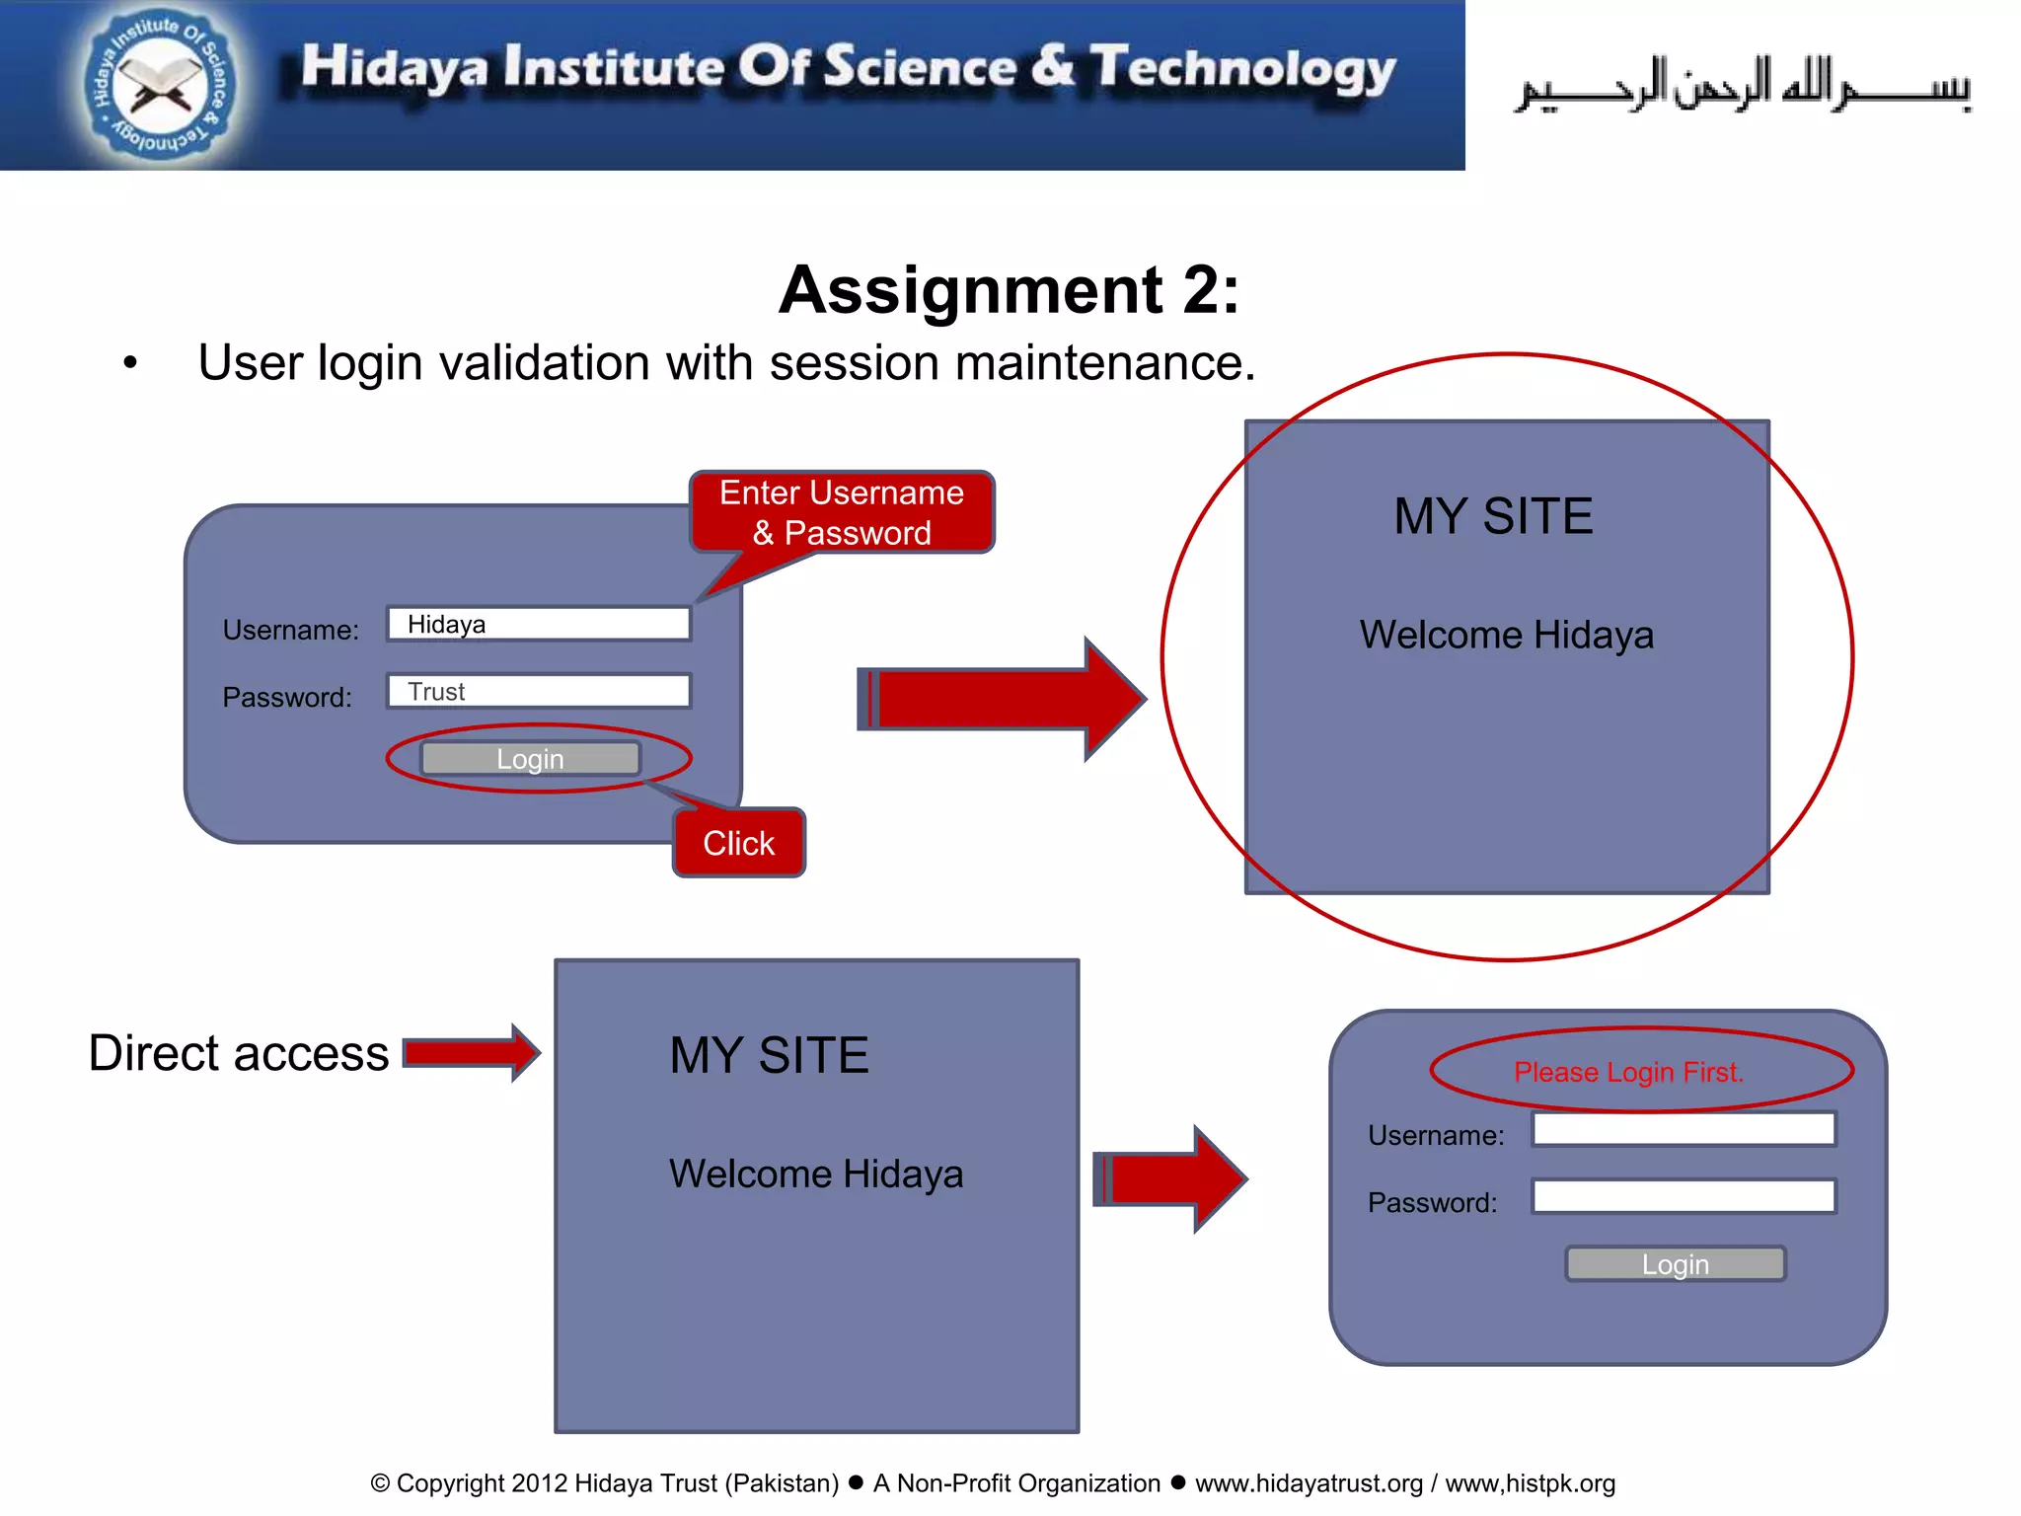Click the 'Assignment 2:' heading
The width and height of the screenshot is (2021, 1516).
click(1009, 290)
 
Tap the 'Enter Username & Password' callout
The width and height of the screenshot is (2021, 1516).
click(842, 512)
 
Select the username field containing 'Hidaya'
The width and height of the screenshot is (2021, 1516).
click(539, 624)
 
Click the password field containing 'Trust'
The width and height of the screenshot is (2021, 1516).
click(539, 691)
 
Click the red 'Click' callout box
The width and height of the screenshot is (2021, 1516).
click(738, 843)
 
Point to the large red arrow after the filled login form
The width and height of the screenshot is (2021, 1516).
click(1002, 699)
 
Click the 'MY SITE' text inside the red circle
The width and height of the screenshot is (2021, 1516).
click(1493, 516)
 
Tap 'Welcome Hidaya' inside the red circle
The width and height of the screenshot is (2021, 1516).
click(1506, 635)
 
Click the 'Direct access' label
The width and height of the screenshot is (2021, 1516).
click(239, 1053)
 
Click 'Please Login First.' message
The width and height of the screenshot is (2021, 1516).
click(1628, 1072)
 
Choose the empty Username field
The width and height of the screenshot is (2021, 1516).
click(1684, 1129)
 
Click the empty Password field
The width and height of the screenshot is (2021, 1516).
click(1684, 1196)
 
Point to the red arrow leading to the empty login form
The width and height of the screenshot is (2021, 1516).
click(1170, 1178)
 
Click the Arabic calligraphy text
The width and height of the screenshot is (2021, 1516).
click(1743, 87)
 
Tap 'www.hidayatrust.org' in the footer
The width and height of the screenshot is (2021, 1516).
click(1309, 1483)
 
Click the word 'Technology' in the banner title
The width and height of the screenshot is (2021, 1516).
click(1242, 69)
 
